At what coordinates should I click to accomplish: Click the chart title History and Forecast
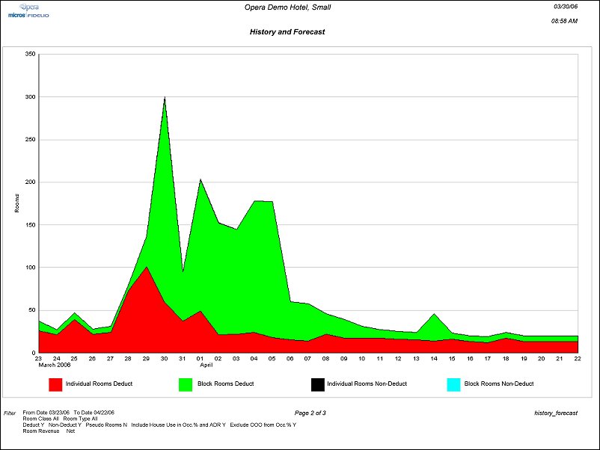point(287,32)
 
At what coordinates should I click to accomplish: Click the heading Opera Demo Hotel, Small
point(287,7)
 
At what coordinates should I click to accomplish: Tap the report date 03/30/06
point(565,6)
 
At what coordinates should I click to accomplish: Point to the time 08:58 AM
point(563,21)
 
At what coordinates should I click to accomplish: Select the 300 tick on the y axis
point(30,97)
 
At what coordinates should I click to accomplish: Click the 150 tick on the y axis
point(30,225)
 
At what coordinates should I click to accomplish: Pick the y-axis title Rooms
point(17,203)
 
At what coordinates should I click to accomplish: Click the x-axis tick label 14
point(434,359)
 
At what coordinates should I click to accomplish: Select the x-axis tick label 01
point(200,359)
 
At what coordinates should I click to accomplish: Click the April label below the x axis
point(206,366)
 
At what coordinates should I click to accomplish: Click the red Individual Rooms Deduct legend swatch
point(55,384)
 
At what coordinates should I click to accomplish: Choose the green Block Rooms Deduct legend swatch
point(186,384)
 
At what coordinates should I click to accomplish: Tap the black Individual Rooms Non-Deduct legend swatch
point(317,384)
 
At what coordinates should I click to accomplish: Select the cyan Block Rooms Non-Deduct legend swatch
point(453,384)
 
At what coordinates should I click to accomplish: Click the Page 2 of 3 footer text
point(310,413)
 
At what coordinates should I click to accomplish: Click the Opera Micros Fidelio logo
point(28,10)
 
